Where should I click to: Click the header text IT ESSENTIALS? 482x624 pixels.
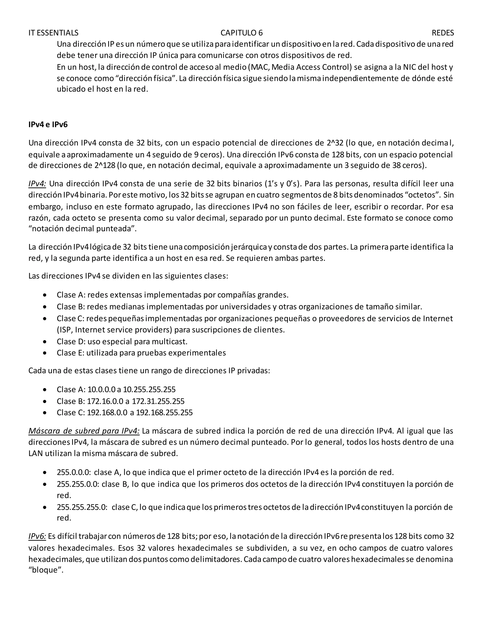pos(53,33)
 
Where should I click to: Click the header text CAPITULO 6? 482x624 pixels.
pos(241,33)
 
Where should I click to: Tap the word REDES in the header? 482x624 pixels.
pos(443,33)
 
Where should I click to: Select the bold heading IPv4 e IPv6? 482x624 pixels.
pos(48,125)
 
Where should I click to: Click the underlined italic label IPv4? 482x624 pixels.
pos(37,183)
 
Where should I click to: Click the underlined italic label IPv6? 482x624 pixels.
pos(37,536)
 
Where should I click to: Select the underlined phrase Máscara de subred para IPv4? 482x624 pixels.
pos(84,431)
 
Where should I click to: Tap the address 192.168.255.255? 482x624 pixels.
pos(164,413)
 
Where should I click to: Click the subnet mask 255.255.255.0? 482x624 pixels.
pos(82,507)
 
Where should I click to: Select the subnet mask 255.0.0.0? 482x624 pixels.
pos(74,472)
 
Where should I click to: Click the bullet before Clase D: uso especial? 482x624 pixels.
pos(44,342)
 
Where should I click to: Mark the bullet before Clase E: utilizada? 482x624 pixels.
pos(44,353)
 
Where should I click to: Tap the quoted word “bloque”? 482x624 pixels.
pos(46,570)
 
